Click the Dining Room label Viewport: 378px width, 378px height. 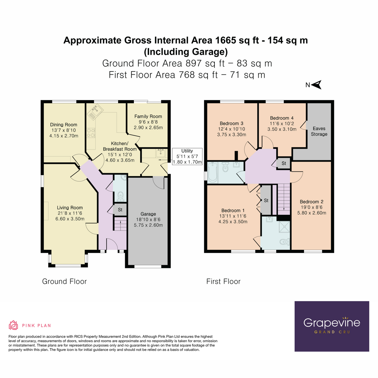64,125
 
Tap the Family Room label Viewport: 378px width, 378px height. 148,116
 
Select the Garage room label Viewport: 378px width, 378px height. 148,214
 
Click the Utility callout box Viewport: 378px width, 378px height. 187,157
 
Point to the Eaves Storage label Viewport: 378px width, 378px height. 319,131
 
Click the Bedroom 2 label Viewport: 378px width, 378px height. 312,202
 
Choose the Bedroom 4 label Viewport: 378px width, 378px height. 282,118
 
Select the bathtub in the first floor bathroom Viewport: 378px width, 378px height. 213,172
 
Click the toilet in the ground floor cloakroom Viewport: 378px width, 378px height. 120,197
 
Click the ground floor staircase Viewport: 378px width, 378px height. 120,225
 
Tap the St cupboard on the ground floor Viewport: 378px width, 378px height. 120,209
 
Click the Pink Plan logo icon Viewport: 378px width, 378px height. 13,325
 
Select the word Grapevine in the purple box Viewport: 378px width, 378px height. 332,323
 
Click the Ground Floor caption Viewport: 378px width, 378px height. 64,282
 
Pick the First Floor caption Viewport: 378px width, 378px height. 223,282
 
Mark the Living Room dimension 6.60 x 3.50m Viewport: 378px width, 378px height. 70,219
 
